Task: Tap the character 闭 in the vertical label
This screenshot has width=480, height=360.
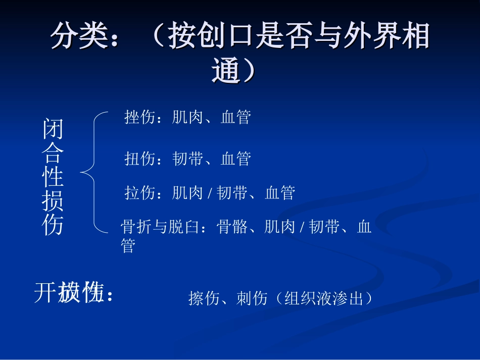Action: (53, 130)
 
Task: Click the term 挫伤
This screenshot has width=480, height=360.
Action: (139, 118)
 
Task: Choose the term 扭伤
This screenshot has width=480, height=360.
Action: (139, 159)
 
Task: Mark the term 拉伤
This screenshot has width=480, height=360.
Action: (139, 193)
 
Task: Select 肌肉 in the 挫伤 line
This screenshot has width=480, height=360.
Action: (187, 118)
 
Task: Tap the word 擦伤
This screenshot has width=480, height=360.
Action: (204, 299)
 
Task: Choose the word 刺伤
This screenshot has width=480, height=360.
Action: (252, 299)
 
